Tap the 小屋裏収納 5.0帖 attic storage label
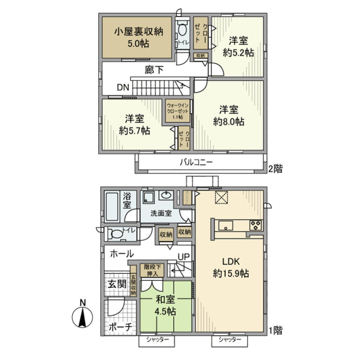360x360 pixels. click(138, 37)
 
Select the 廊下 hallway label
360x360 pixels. click(154, 70)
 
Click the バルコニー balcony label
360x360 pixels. click(196, 162)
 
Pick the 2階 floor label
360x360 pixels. click(275, 169)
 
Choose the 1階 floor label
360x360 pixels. click(275, 330)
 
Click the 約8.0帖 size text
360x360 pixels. click(229, 121)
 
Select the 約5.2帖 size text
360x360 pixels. click(238, 53)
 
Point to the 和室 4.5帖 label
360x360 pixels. click(165, 306)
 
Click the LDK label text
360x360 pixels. click(229, 262)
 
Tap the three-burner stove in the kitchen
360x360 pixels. click(256, 225)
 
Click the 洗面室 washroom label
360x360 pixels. click(161, 214)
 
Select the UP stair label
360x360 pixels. click(184, 257)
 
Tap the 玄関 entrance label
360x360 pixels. click(117, 284)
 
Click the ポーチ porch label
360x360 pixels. click(120, 327)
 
